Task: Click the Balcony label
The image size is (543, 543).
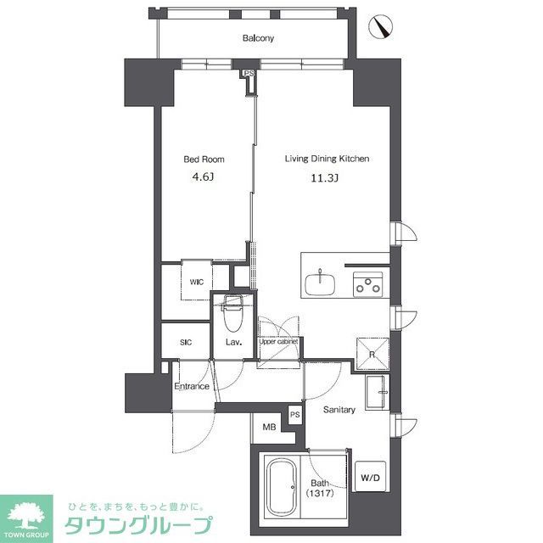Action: pyautogui.click(x=258, y=38)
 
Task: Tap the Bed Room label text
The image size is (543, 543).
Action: pyautogui.click(x=204, y=159)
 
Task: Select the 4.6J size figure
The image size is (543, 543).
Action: pyautogui.click(x=203, y=178)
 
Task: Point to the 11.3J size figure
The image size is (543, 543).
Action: pyautogui.click(x=326, y=178)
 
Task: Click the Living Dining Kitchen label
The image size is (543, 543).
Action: pyautogui.click(x=326, y=159)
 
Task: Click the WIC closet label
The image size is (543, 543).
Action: pyautogui.click(x=197, y=283)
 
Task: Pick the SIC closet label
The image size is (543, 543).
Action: pyautogui.click(x=186, y=343)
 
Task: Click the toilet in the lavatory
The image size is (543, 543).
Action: pyautogui.click(x=233, y=316)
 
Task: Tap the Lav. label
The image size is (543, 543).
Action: pyautogui.click(x=234, y=343)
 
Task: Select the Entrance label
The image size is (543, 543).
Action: pyautogui.click(x=192, y=387)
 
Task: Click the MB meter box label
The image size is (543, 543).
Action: pyautogui.click(x=269, y=428)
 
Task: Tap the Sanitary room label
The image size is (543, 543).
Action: pyautogui.click(x=339, y=409)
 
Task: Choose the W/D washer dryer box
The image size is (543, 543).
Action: pyautogui.click(x=371, y=478)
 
